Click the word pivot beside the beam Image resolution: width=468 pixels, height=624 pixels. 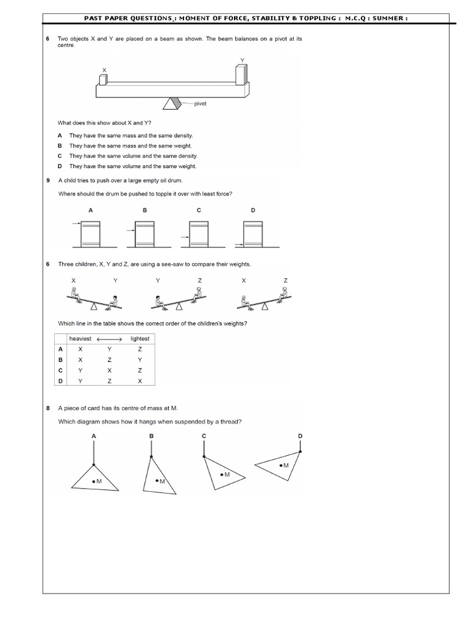pyautogui.click(x=200, y=104)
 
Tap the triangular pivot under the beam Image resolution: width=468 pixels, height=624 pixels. pyautogui.click(x=172, y=103)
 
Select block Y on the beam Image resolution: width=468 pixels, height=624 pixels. pyautogui.click(x=241, y=75)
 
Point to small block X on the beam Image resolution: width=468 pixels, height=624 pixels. pyautogui.click(x=103, y=80)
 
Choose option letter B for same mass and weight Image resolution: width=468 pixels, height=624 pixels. pyautogui.click(x=60, y=146)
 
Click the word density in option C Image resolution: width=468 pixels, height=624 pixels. pyautogui.click(x=188, y=156)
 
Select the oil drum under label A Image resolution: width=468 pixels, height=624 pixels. pyautogui.click(x=90, y=235)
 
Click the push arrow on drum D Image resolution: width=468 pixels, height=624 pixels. pyautogui.click(x=239, y=245)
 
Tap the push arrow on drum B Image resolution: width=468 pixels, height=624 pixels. pyautogui.click(x=130, y=230)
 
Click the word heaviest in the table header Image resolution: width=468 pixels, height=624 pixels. pyautogui.click(x=80, y=339)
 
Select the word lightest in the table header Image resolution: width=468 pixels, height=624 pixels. pyautogui.click(x=140, y=339)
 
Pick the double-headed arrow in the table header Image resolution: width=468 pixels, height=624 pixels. pyautogui.click(x=110, y=339)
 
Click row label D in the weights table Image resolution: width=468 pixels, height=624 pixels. pyautogui.click(x=60, y=381)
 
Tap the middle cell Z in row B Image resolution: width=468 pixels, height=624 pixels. pyautogui.click(x=110, y=360)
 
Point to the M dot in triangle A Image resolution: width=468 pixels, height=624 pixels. pyautogui.click(x=93, y=481)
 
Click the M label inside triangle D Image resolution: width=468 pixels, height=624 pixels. pyautogui.click(x=286, y=465)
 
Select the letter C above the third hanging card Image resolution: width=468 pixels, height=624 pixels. pyautogui.click(x=204, y=436)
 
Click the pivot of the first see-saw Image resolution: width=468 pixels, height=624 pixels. pyautogui.click(x=94, y=306)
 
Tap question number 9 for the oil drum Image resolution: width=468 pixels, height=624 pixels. pyautogui.click(x=48, y=180)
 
